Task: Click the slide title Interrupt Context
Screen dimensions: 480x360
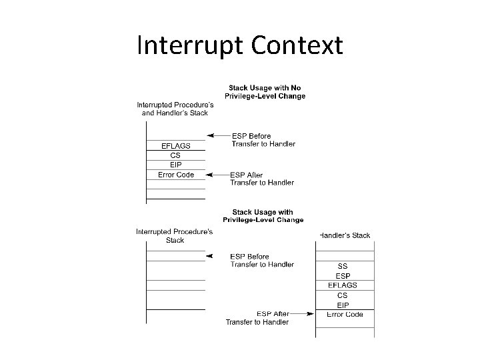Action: coord(239,46)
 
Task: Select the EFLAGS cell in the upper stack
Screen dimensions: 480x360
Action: coord(176,145)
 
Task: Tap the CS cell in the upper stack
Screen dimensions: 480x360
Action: coord(176,155)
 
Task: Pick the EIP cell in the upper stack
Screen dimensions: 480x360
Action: coord(176,165)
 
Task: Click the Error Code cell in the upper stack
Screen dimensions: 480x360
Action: coord(176,175)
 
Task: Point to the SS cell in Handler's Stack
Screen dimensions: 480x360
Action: coord(343,266)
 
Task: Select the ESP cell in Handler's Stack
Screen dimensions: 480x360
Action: coord(343,275)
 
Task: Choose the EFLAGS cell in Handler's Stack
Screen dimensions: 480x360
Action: coord(343,285)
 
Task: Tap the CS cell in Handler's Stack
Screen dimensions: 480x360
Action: coord(343,295)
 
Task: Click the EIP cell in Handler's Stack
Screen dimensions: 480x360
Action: coord(343,304)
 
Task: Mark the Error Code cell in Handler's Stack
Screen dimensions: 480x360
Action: coord(345,314)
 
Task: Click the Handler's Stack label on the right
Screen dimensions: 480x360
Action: coord(345,235)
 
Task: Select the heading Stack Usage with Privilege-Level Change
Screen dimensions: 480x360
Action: coord(263,216)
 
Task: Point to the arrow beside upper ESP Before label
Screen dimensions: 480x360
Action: coord(217,135)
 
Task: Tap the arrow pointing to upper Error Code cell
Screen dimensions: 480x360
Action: coord(217,175)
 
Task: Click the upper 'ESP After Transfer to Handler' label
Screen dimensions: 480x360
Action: coord(262,179)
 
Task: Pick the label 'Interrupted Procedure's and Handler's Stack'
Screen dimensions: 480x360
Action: coord(176,109)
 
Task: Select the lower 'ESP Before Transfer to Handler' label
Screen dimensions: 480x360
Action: coord(262,261)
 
